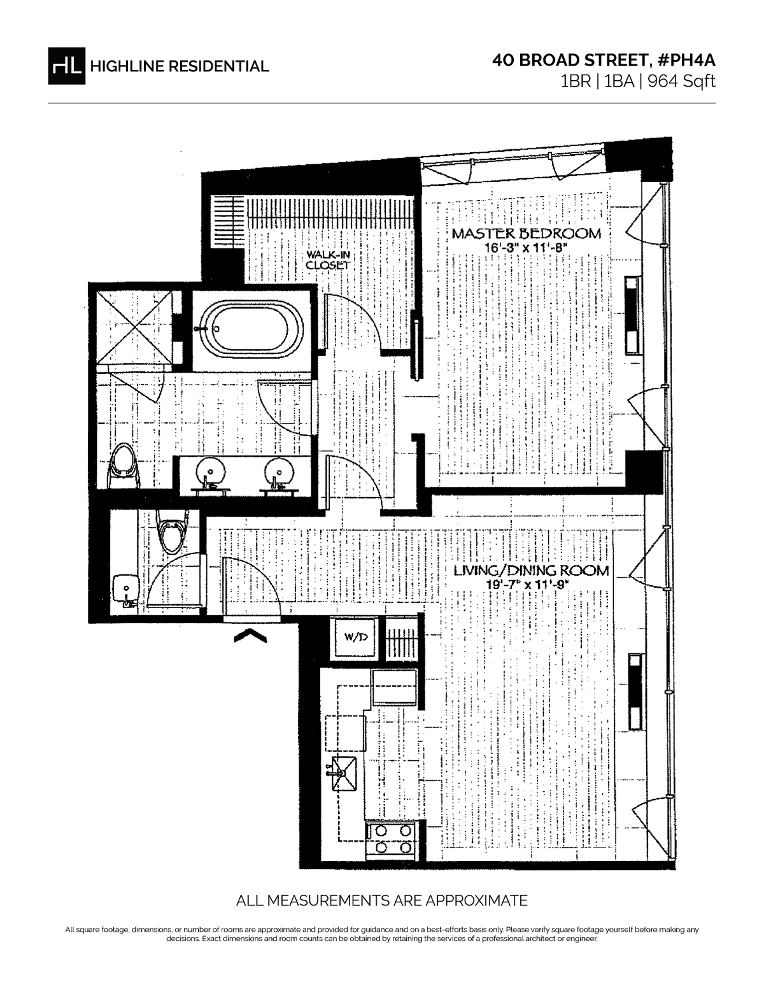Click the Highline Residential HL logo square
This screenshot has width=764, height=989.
coord(66,66)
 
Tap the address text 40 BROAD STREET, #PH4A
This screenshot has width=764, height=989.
coord(604,60)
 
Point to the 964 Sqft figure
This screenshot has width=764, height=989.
coord(681,82)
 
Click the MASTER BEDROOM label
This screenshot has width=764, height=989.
coord(526,234)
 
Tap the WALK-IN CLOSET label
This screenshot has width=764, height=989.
coord(328,260)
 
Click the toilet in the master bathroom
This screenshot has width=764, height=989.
coord(124,466)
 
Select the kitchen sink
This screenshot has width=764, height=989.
coord(344,773)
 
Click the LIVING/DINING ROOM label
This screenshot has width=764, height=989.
coord(531,570)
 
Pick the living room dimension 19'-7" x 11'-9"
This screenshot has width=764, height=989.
coord(528,585)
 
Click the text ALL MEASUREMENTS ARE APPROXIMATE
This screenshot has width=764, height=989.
coord(382,900)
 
